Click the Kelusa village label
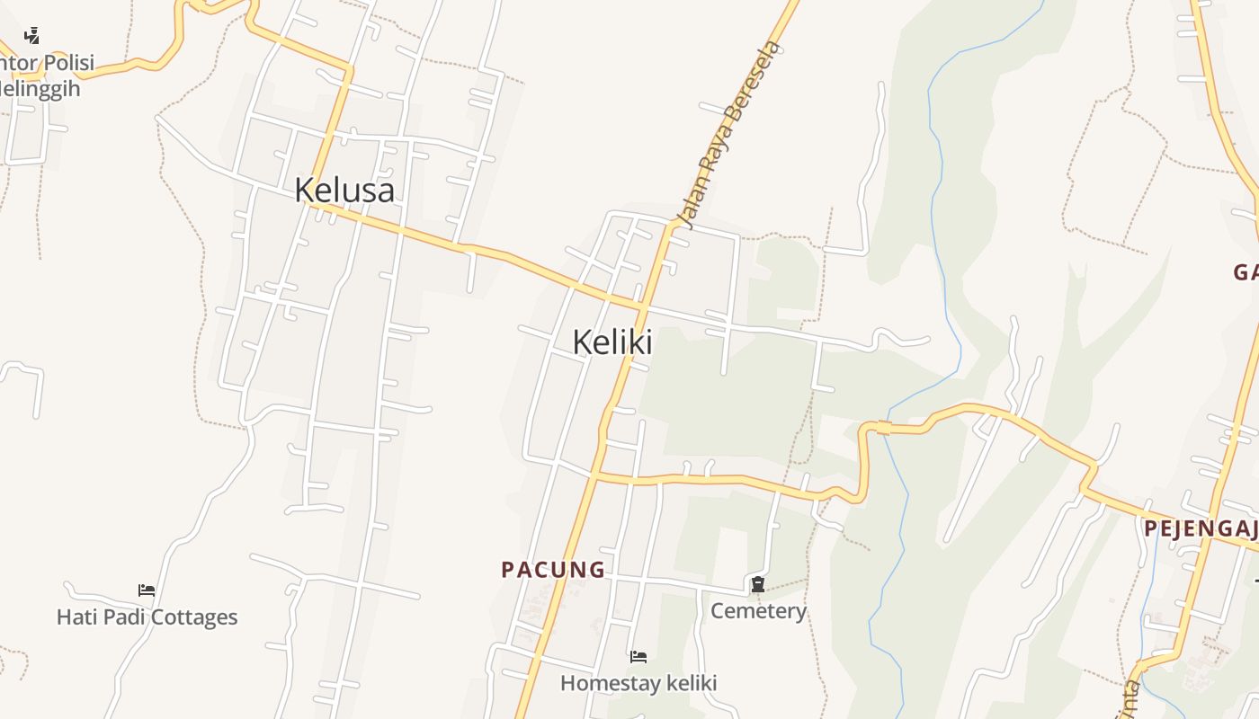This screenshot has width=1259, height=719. [344, 190]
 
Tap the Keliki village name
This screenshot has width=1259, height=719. [612, 342]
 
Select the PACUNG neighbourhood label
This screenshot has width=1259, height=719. [553, 569]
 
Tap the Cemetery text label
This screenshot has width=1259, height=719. [758, 611]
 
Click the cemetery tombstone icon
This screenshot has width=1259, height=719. [758, 585]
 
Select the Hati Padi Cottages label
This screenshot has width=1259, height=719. [147, 617]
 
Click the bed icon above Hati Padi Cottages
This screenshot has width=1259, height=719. [147, 590]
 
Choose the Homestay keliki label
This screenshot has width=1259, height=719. [638, 683]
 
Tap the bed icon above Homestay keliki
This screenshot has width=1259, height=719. [638, 657]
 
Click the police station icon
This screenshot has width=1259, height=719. [31, 36]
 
